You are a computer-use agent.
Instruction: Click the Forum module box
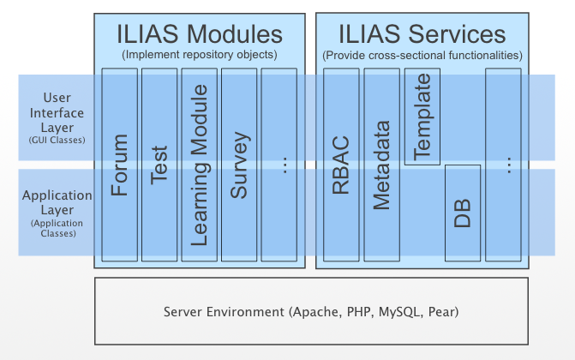(x=119, y=163)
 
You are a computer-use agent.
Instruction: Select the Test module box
(x=159, y=163)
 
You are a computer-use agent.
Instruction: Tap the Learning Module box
(x=199, y=163)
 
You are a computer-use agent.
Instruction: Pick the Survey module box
(x=239, y=163)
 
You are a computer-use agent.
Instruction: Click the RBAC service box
(x=340, y=163)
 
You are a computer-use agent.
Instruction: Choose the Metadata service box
(x=381, y=163)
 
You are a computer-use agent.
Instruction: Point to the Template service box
(x=422, y=117)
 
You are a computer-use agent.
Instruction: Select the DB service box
(x=462, y=212)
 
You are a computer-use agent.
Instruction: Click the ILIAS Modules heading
(x=199, y=34)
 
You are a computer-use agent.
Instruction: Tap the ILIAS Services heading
(x=422, y=34)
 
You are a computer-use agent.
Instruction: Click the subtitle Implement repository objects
(x=199, y=55)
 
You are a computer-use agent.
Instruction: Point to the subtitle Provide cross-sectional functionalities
(x=422, y=55)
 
